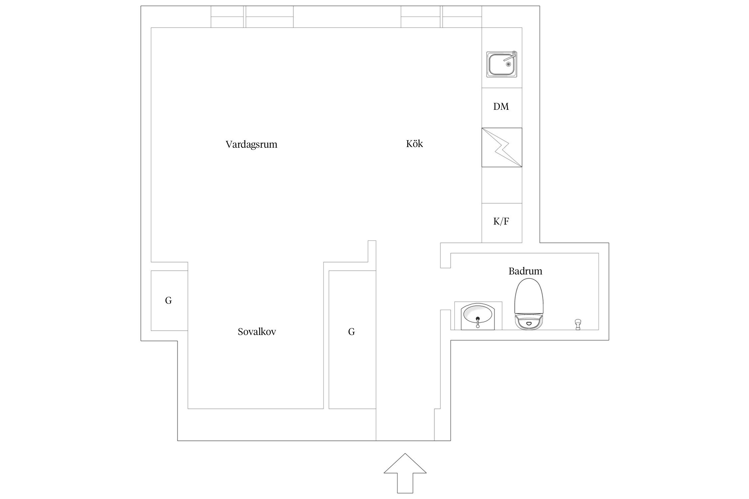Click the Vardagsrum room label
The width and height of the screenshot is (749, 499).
pos(251,144)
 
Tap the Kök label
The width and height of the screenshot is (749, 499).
pos(414,144)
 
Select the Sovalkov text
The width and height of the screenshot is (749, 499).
pos(257,332)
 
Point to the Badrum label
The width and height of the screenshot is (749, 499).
pos(525,271)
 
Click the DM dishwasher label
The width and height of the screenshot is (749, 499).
pos(501,106)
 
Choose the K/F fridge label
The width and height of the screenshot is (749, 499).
pos(501,221)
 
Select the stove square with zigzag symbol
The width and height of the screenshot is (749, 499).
pos(502,147)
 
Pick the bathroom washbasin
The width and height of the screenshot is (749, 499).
pos(478,315)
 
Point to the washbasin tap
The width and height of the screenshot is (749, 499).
pos(478,322)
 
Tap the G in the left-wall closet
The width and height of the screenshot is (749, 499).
pos(168,301)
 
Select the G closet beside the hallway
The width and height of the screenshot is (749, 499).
pos(352,332)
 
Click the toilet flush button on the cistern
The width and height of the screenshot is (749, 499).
pos(529,322)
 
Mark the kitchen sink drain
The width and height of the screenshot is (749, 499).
pos(508,65)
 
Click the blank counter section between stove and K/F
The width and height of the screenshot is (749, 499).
pos(502,185)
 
